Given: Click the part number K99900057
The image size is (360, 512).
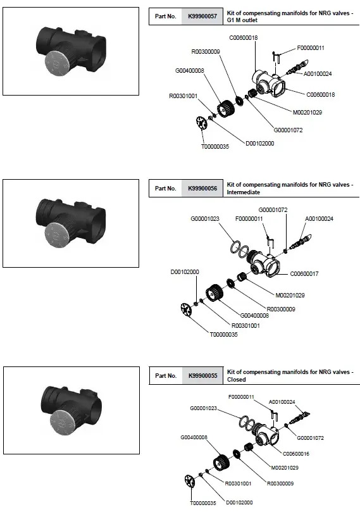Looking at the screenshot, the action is pyautogui.click(x=202, y=16).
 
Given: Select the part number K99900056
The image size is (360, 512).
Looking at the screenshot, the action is pyautogui.click(x=202, y=189).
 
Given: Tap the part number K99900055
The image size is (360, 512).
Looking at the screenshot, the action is pyautogui.click(x=202, y=376).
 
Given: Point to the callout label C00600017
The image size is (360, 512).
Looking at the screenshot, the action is pyautogui.click(x=304, y=274).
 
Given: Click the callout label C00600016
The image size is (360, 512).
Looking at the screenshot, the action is pyautogui.click(x=295, y=454).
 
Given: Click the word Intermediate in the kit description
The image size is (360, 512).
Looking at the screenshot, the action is pyautogui.click(x=244, y=192).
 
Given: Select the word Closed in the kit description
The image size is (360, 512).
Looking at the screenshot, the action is pyautogui.click(x=236, y=380).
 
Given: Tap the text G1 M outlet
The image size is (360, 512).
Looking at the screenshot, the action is pyautogui.click(x=242, y=20).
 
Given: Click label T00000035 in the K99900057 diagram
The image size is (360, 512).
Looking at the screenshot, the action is pyautogui.click(x=214, y=147).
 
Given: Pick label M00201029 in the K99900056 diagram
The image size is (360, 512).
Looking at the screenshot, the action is pyautogui.click(x=290, y=296).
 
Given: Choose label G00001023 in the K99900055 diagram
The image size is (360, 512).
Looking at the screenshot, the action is pyautogui.click(x=203, y=408).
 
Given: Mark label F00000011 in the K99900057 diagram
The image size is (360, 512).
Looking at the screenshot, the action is pyautogui.click(x=311, y=48).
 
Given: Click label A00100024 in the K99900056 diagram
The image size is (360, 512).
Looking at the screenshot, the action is pyautogui.click(x=320, y=219).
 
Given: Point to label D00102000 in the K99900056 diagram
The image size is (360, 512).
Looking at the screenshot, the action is pyautogui.click(x=185, y=272).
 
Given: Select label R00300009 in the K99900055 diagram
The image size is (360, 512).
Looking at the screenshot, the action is pyautogui.click(x=280, y=484).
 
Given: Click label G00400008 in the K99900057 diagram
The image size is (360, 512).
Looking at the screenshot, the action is pyautogui.click(x=190, y=71).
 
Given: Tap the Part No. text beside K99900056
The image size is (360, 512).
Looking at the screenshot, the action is pyautogui.click(x=166, y=189).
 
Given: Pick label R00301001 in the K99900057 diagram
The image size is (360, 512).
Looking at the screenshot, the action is pyautogui.click(x=183, y=96).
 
